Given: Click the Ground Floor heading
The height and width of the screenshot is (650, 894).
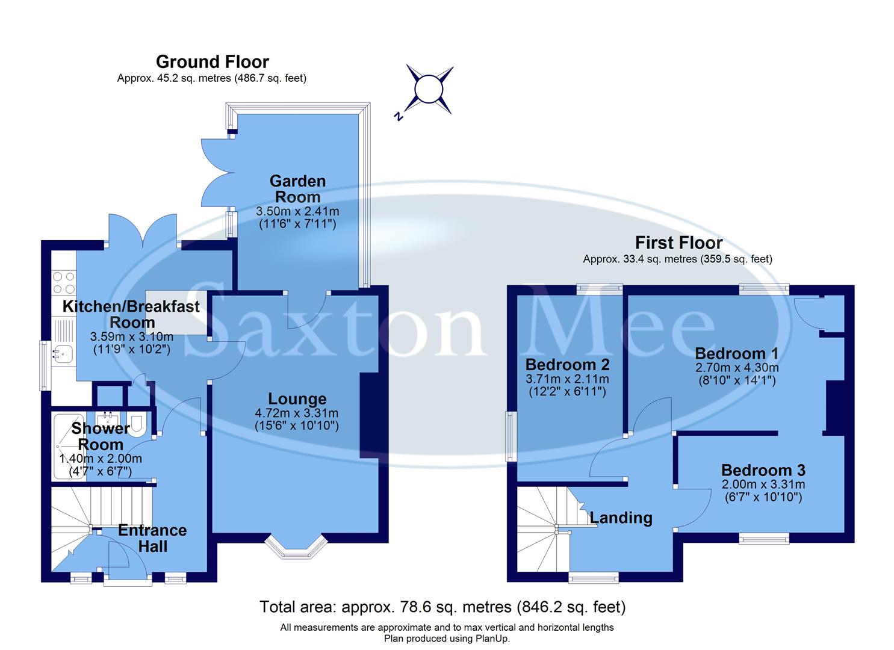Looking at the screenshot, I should (x=212, y=62).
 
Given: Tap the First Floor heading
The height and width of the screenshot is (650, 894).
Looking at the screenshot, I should (x=678, y=243).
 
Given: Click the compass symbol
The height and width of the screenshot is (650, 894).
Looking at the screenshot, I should (x=429, y=90).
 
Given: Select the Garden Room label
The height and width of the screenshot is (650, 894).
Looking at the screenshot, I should (x=297, y=189).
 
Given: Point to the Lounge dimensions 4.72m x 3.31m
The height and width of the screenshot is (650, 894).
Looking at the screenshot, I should (x=297, y=413).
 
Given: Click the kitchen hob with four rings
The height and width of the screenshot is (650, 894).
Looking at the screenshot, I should (x=64, y=283).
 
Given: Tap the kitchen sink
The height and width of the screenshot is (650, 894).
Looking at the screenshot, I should (x=62, y=353).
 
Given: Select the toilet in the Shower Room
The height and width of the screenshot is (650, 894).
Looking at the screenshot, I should (x=137, y=424).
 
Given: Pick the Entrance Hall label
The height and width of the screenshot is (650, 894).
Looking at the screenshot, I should (x=152, y=538).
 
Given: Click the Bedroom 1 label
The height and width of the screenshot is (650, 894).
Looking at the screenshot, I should (x=736, y=353).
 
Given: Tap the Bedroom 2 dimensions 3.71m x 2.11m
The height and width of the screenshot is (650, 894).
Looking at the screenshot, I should (x=567, y=379).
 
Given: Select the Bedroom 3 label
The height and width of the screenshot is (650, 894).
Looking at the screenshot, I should (x=763, y=470).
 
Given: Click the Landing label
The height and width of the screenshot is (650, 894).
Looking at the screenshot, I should (x=621, y=518).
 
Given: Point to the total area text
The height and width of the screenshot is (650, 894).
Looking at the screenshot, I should (x=442, y=607).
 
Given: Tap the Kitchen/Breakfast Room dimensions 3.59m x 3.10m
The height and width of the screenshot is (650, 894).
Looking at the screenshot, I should (x=131, y=336).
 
